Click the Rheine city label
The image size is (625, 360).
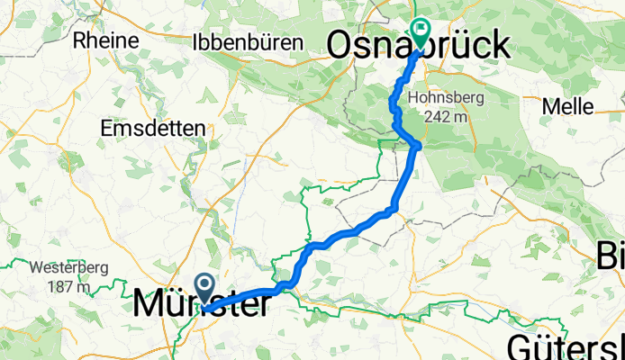[107, 40]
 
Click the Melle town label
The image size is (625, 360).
[567, 106]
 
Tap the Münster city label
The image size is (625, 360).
[200, 304]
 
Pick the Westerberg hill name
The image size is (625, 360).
[68, 268]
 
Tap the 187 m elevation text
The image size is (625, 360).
[69, 287]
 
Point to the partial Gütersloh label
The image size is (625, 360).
[566, 346]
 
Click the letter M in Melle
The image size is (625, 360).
[549, 106]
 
